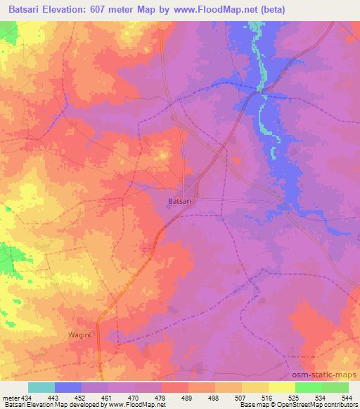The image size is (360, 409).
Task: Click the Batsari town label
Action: click(x=181, y=201)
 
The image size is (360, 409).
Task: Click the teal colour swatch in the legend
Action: click(x=41, y=387)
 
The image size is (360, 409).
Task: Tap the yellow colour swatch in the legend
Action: click(x=282, y=387)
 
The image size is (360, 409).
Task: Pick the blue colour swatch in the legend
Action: click(x=68, y=387)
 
